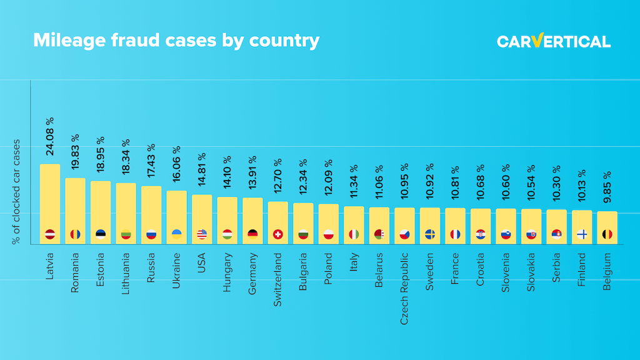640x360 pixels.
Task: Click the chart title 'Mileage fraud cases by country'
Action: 176,41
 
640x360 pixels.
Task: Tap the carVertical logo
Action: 553,41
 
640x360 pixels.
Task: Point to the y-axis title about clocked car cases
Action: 17,191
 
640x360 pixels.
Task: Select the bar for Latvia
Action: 50,203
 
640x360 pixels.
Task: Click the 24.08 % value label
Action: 50,136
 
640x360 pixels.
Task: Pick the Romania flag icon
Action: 75,234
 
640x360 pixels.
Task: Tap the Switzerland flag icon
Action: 278,234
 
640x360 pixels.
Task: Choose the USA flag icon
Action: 202,234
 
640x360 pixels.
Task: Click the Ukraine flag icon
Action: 176,234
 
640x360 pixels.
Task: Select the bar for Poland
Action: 329,223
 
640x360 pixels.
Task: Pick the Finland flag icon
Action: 582,234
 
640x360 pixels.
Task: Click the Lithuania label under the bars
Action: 126,273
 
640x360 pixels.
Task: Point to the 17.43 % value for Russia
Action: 151,164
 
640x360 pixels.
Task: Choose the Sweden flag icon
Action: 430,234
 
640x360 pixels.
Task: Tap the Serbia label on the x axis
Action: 556,267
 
